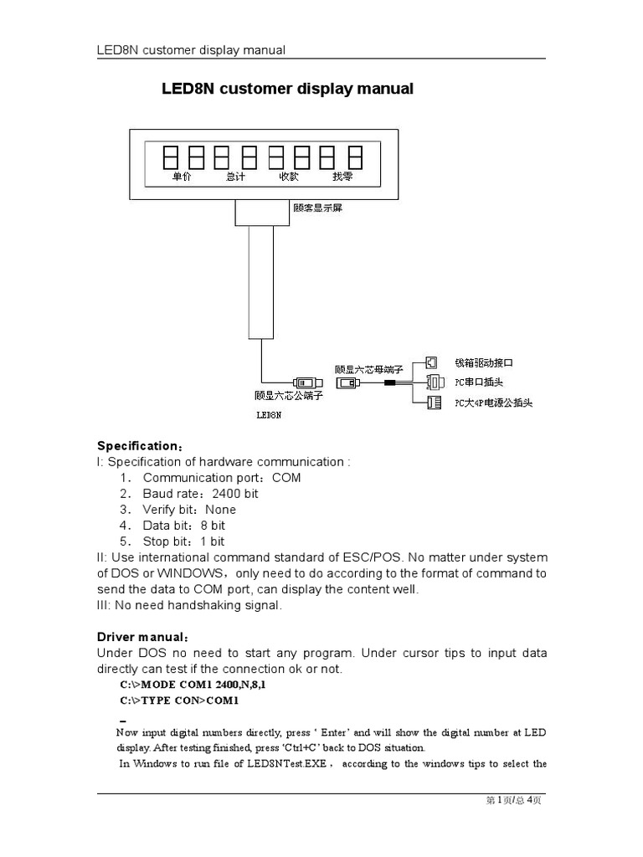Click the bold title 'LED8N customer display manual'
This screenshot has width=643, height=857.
(x=287, y=89)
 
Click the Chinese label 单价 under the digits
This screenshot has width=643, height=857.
(x=182, y=177)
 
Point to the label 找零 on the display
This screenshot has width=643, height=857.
(x=342, y=177)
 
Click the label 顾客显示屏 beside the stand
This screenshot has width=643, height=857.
(x=317, y=208)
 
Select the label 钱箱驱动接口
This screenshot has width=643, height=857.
(x=483, y=363)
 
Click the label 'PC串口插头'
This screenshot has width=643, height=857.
(x=479, y=382)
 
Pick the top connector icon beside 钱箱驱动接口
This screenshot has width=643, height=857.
(x=431, y=362)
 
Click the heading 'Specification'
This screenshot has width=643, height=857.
(x=137, y=445)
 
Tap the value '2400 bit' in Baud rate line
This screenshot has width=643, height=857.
(x=235, y=494)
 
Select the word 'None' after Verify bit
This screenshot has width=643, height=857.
(x=220, y=510)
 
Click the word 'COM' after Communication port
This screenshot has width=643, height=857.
(x=286, y=478)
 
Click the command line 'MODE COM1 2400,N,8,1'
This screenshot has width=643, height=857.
(x=198, y=685)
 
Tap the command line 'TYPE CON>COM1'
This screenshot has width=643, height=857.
(x=180, y=700)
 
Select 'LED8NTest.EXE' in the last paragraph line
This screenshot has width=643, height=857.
(x=293, y=763)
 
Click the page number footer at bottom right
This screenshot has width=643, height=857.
(x=514, y=801)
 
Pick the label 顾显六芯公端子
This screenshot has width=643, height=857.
(x=288, y=396)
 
